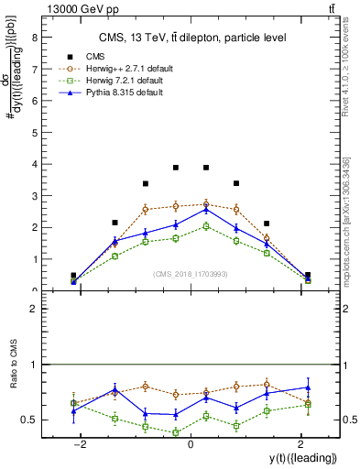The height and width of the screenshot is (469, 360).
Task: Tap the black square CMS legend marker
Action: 70,55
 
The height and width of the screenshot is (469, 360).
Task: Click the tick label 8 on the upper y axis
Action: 34,38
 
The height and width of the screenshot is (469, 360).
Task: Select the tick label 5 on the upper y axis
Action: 34,133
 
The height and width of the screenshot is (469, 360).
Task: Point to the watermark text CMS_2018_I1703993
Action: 190,274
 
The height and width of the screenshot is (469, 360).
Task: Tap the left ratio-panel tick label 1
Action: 34,365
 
